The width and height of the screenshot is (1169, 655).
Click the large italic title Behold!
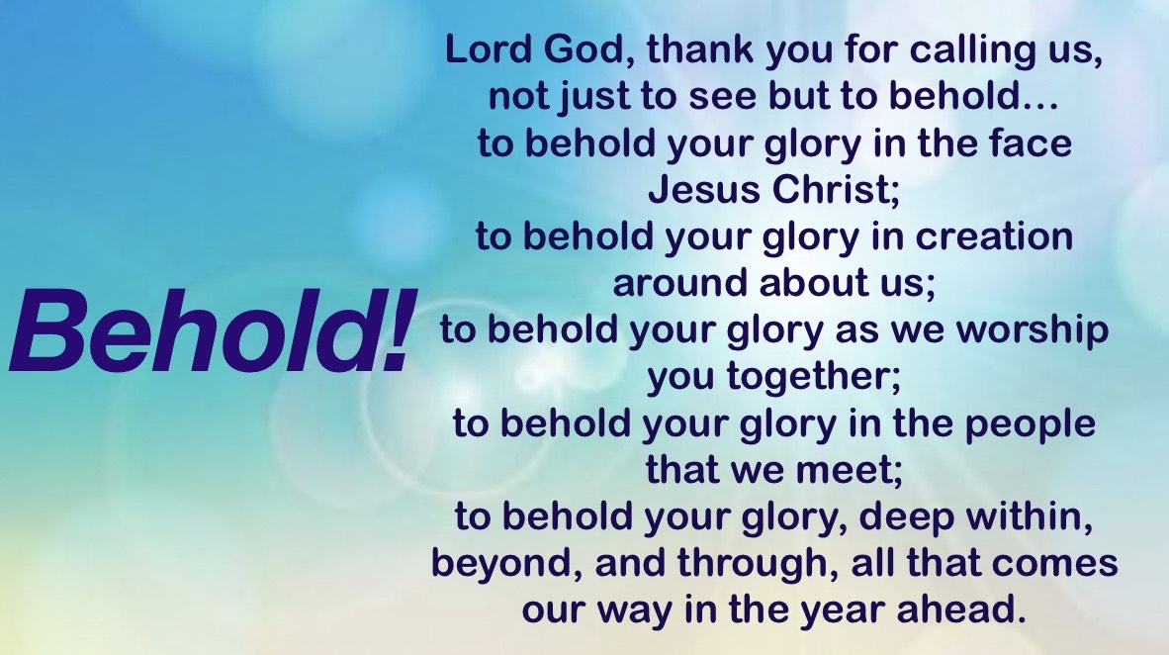click(x=211, y=329)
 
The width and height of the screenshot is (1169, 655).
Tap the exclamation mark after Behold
click(x=397, y=329)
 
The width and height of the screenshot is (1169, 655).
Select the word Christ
click(x=837, y=190)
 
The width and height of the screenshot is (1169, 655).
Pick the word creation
click(x=994, y=236)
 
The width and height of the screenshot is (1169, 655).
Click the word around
click(x=679, y=283)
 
